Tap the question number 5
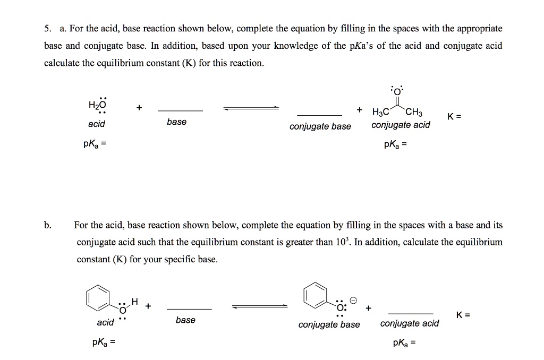pyautogui.click(x=47, y=28)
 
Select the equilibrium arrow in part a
pyautogui.click(x=251, y=108)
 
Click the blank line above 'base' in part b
pyautogui.click(x=189, y=309)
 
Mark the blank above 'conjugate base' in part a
pyautogui.click(x=319, y=115)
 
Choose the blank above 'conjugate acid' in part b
pyautogui.click(x=411, y=313)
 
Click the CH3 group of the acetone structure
pyautogui.click(x=414, y=112)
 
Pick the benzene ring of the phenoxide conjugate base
pyautogui.click(x=314, y=294)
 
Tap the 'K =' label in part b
pyautogui.click(x=463, y=314)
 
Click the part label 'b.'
pyautogui.click(x=47, y=225)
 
